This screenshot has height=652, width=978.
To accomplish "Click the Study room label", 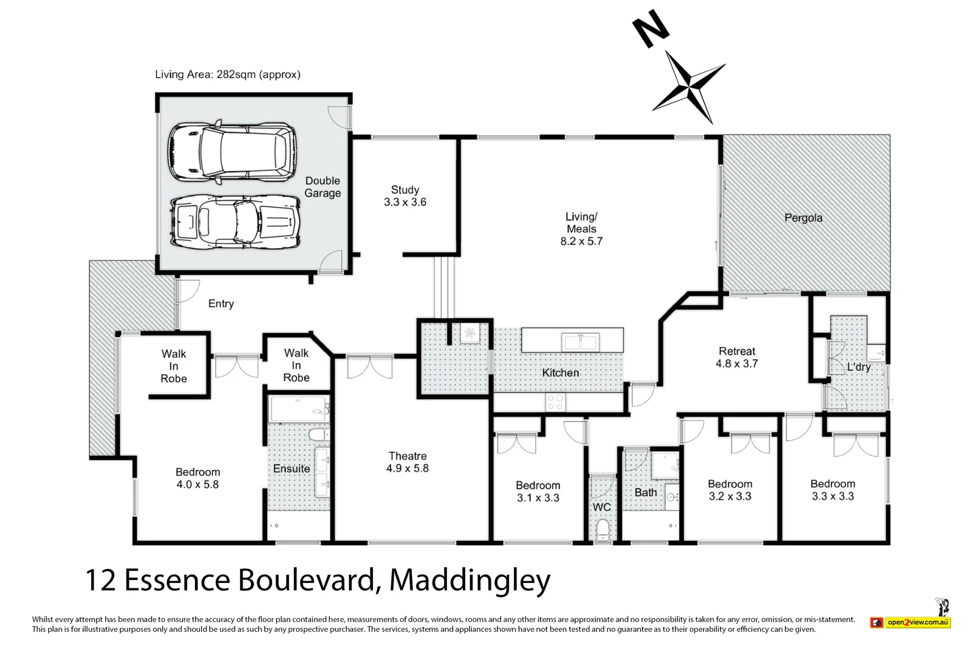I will click(405, 196).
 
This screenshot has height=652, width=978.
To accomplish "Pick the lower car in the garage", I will click(234, 221).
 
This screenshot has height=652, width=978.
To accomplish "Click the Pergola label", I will click(803, 218).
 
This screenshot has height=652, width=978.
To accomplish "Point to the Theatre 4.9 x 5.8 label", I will click(407, 462).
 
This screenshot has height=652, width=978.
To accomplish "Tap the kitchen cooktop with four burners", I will click(555, 401).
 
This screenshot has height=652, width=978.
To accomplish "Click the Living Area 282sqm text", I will click(227, 75).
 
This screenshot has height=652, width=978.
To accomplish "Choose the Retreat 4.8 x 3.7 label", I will click(737, 357).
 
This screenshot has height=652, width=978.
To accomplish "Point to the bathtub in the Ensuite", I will click(298, 409).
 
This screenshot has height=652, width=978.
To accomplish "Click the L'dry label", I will click(858, 367).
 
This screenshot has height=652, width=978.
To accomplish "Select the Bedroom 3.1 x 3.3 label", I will click(538, 491).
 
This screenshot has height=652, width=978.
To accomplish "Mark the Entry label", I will click(221, 304).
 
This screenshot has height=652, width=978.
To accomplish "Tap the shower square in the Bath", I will click(664, 466).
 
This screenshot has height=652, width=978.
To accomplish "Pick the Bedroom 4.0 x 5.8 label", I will click(197, 478).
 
